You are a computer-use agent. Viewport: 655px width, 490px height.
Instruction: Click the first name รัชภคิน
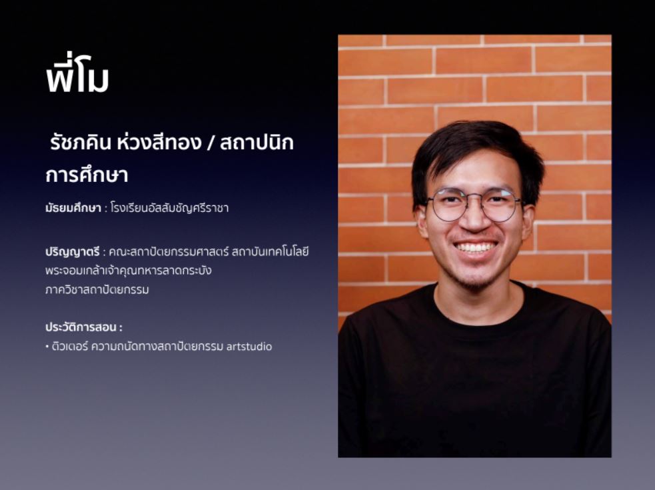[80, 142]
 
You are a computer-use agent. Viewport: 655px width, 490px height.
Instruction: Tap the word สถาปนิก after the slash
[257, 142]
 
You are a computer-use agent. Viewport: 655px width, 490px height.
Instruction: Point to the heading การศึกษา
[87, 175]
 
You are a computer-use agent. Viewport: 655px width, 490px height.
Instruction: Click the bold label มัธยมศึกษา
[73, 208]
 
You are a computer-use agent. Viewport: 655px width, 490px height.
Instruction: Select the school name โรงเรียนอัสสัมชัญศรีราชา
[170, 208]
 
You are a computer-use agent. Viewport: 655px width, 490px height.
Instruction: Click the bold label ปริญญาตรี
[72, 252]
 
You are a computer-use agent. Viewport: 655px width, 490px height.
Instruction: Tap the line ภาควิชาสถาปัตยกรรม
[97, 289]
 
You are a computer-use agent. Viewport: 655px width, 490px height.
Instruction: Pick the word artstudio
[249, 347]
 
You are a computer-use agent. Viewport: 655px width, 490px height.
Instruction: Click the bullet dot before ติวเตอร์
[47, 347]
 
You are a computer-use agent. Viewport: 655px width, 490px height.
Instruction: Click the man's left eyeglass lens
[499, 205]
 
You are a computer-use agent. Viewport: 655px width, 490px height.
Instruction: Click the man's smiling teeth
[475, 247]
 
